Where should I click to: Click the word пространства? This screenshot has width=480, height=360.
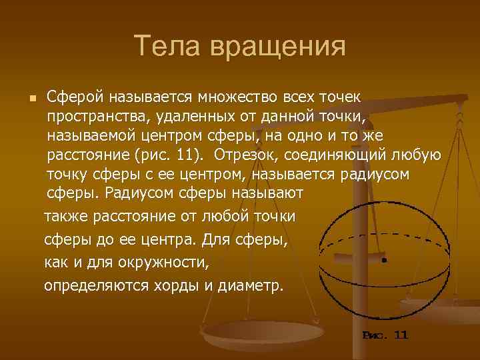tap(95, 117)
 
